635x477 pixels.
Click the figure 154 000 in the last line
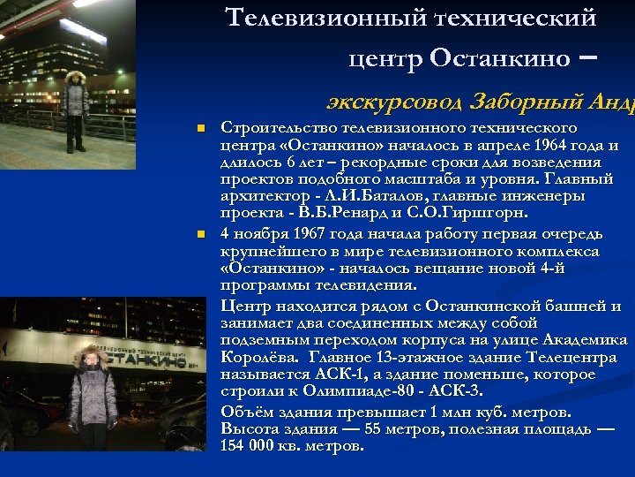(x=248, y=445)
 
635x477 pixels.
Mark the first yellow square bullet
(x=200, y=129)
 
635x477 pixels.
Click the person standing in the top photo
(x=75, y=110)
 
